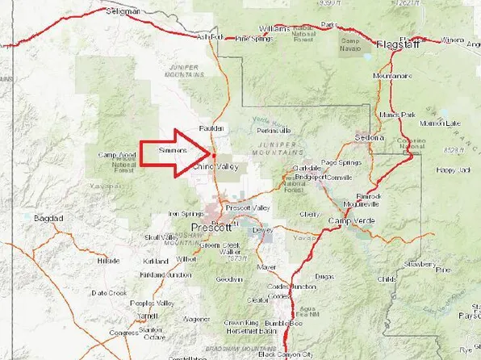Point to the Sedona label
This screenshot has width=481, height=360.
(369, 138)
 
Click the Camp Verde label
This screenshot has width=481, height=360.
(348, 220)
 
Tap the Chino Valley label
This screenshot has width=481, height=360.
(216, 165)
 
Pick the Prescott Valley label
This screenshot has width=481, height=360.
(248, 207)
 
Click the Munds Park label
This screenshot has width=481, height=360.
(419, 114)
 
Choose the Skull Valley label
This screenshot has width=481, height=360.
(159, 237)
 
